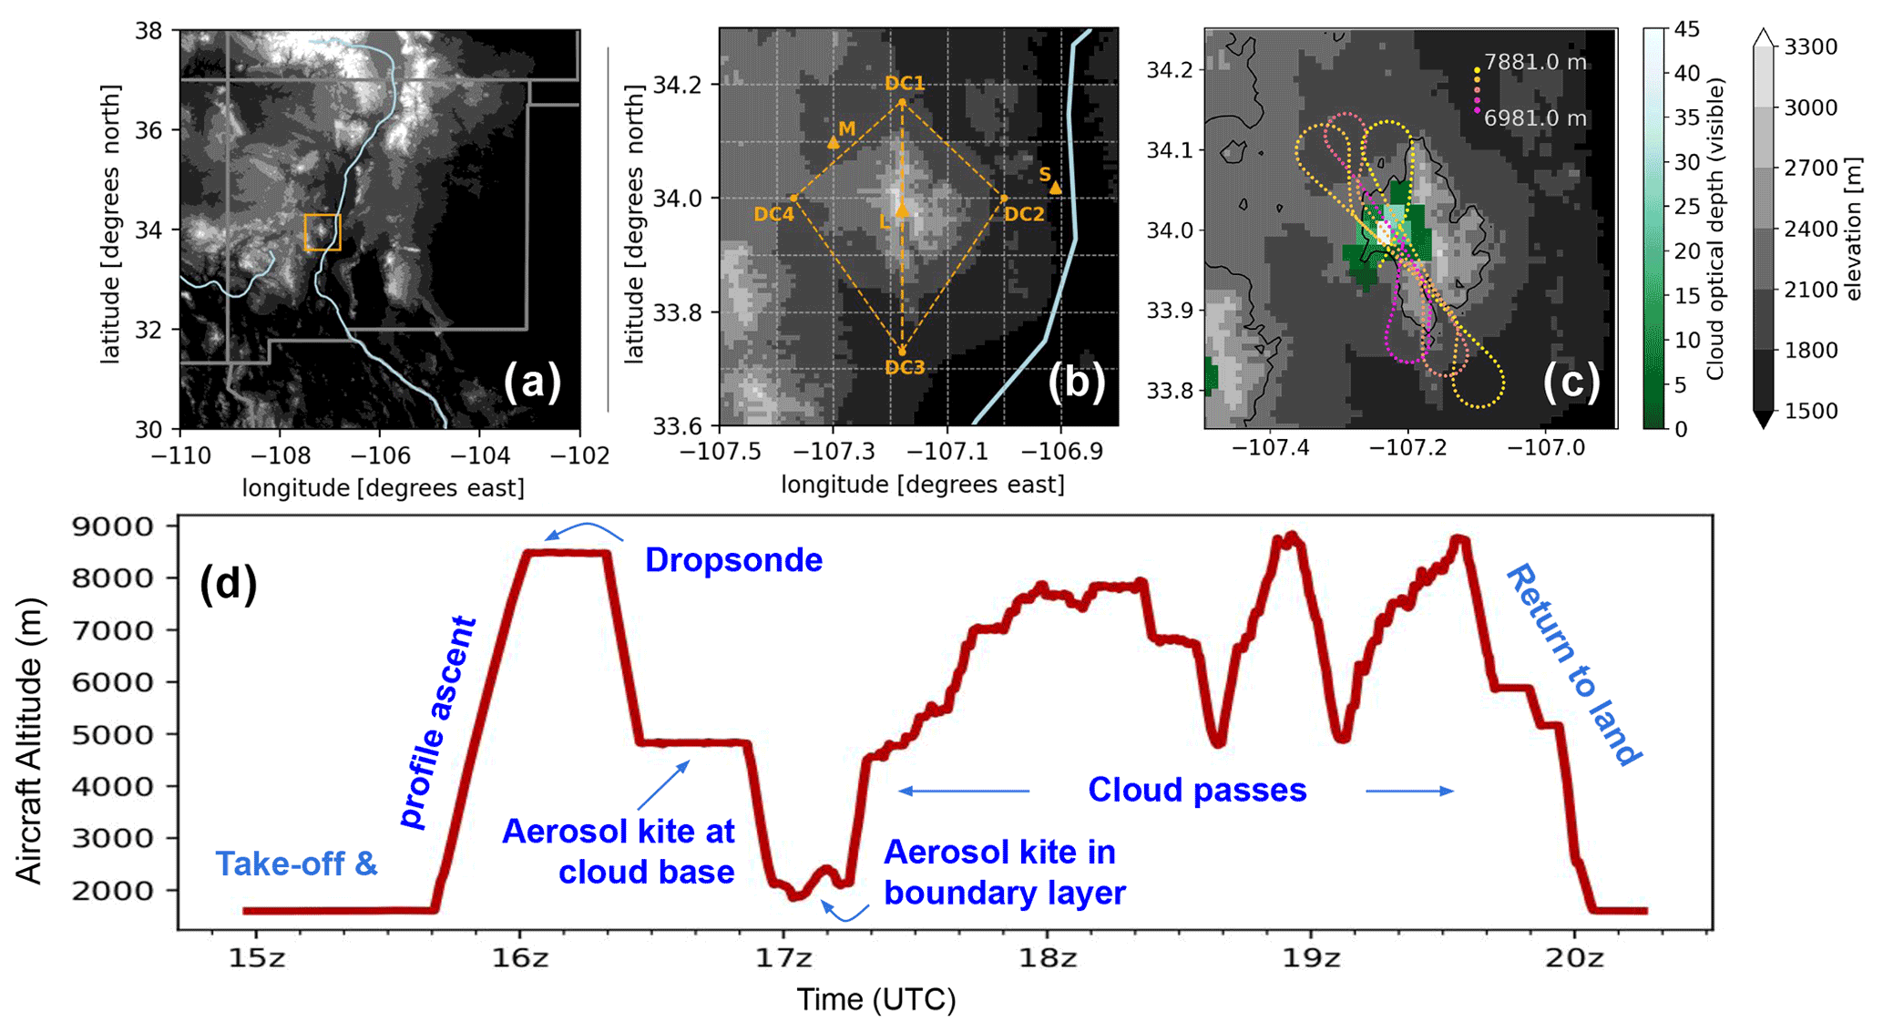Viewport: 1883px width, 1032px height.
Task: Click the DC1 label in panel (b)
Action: point(905,83)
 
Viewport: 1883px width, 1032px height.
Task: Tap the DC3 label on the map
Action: point(905,367)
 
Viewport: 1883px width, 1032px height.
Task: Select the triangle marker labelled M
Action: point(834,142)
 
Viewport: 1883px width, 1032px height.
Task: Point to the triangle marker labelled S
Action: point(1055,188)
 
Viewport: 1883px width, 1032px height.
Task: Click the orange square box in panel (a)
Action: point(322,232)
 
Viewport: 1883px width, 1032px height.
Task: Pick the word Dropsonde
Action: point(733,560)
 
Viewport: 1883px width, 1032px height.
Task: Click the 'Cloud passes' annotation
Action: point(1197,790)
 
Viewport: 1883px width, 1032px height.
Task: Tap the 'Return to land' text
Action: point(1574,665)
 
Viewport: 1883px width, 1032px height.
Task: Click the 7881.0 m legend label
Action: point(1535,62)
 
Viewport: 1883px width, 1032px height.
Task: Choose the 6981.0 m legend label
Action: point(1535,118)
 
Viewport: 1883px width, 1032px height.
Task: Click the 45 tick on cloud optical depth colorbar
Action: point(1686,29)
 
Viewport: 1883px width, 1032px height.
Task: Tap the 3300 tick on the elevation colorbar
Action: point(1810,46)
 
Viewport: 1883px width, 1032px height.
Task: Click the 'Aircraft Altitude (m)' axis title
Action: point(29,741)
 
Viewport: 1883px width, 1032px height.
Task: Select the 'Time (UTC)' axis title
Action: point(876,999)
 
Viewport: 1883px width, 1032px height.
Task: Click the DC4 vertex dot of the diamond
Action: point(794,198)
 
